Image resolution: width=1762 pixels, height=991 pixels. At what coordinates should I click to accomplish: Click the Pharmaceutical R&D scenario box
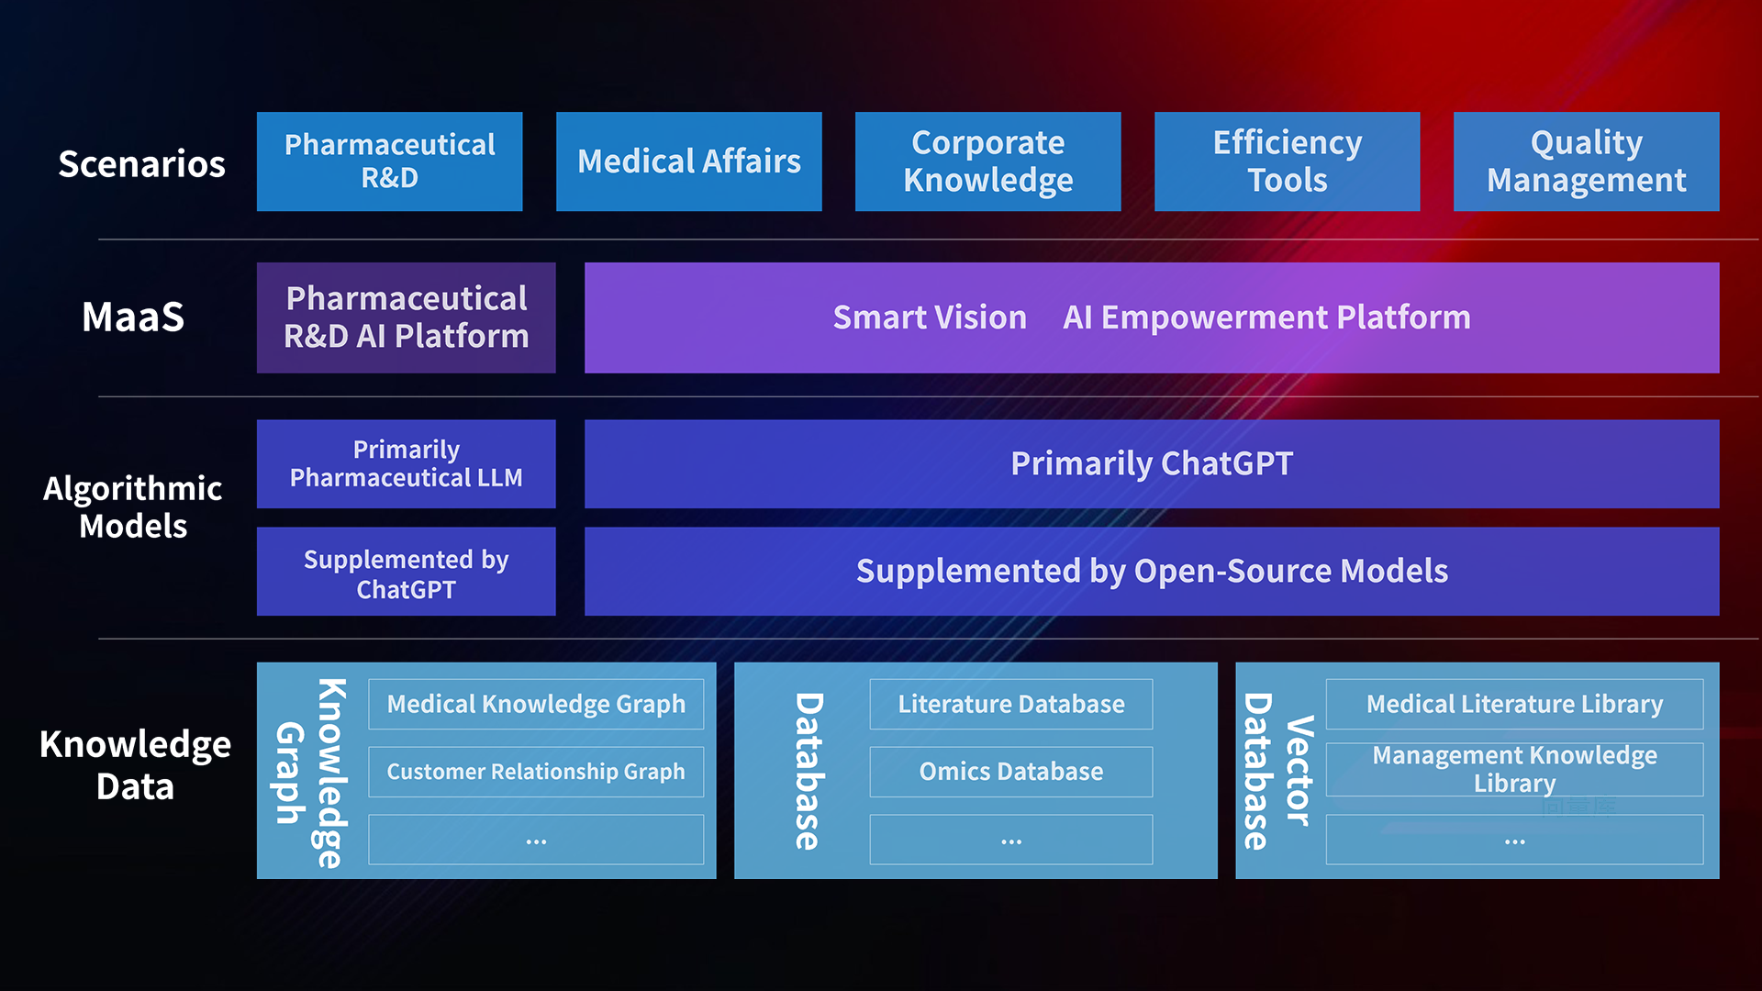389,161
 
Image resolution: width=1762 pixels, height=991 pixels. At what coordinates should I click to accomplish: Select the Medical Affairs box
688,161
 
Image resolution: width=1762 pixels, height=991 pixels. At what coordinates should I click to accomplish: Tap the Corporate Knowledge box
987,161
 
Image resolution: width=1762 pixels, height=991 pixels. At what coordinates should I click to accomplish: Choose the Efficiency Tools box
1287,161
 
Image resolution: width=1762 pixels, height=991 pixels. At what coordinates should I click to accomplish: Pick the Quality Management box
1586,161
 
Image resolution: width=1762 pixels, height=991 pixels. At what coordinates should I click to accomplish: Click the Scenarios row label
141,163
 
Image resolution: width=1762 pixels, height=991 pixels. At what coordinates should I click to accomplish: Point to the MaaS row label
133,317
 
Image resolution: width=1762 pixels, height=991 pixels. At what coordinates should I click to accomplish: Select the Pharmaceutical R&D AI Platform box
406,317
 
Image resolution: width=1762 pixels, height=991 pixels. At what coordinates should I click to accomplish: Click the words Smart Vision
930,317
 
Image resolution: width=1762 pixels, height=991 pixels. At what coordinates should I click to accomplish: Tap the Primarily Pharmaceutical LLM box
406,463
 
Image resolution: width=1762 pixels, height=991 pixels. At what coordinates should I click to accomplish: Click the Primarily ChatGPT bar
1151,463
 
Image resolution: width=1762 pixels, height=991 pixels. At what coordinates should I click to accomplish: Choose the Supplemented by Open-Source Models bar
1151,571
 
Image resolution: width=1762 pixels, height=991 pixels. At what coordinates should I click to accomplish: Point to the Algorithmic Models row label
133,507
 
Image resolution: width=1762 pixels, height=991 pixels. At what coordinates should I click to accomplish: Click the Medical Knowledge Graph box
536,704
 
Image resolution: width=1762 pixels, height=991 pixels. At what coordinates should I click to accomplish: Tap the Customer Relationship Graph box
536,772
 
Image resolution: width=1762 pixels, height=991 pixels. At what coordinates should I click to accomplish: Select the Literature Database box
1010,704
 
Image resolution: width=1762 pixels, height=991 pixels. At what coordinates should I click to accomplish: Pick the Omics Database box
1010,772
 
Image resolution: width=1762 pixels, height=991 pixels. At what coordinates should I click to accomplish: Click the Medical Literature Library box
1514,704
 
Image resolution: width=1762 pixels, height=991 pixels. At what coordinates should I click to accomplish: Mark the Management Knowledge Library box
1514,769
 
